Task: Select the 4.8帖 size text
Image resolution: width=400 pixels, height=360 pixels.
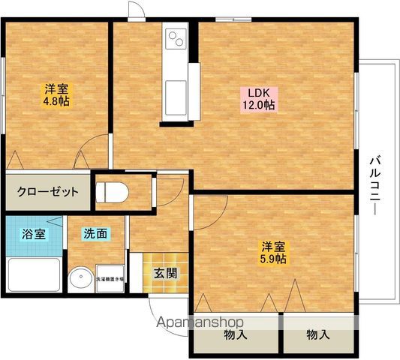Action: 55,100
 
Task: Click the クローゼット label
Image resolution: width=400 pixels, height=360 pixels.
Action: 48,191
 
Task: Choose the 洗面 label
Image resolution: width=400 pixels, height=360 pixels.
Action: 95,233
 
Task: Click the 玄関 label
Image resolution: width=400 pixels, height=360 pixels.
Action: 166,273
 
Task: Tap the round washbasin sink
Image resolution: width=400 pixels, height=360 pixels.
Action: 79,279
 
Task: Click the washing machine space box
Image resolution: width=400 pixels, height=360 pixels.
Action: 110,278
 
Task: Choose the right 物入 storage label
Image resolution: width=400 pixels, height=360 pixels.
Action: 317,335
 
